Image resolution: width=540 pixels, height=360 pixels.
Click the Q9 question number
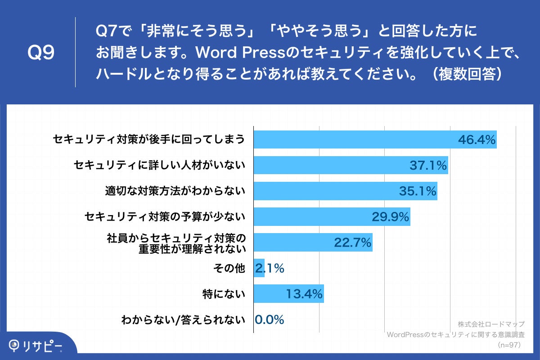pos(41,53)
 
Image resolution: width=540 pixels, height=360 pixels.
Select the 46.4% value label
pos(477,140)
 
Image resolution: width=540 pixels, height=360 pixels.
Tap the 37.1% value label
pos(428,166)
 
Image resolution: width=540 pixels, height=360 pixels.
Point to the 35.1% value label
pos(418,191)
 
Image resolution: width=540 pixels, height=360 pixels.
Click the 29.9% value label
pos(390,217)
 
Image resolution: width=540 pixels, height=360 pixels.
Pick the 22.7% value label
pos(352,243)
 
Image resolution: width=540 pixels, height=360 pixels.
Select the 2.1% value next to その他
pos(270,269)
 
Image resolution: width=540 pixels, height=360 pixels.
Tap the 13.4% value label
pos(304,294)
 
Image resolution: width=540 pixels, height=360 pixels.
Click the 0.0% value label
pos(270,320)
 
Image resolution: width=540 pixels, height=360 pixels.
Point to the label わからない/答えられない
pos(183,320)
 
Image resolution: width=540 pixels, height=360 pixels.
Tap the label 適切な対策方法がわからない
pos(175,191)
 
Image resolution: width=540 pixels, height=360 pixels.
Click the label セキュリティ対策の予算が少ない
pos(165,217)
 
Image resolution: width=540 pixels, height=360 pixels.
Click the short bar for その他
pos(259,269)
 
